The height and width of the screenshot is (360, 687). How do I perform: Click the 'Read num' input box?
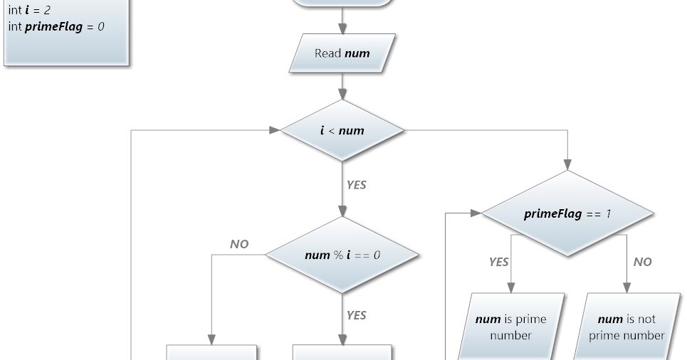(x=342, y=53)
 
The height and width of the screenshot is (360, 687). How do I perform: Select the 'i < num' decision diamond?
(x=342, y=130)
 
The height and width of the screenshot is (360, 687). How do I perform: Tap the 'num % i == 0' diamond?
(x=342, y=255)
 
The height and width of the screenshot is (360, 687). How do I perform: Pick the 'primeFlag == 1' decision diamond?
(x=567, y=213)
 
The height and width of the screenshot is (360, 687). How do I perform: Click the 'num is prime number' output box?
(x=511, y=327)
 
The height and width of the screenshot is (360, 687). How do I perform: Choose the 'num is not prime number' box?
(x=626, y=327)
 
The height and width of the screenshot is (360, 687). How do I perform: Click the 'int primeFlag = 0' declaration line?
(x=58, y=26)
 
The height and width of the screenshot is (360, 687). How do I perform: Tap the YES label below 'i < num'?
(x=356, y=184)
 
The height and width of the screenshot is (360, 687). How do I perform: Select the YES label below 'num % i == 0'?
(x=356, y=314)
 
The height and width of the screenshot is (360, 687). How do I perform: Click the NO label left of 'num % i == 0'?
(x=239, y=244)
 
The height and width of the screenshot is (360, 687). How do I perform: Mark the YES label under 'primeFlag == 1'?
(x=498, y=262)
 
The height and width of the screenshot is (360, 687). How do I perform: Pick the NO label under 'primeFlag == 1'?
(x=642, y=262)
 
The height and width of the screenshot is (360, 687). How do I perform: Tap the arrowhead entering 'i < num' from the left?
(x=275, y=130)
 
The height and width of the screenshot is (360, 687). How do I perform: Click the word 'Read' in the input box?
(x=327, y=53)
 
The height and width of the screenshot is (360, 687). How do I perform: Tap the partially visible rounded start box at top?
(x=342, y=3)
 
